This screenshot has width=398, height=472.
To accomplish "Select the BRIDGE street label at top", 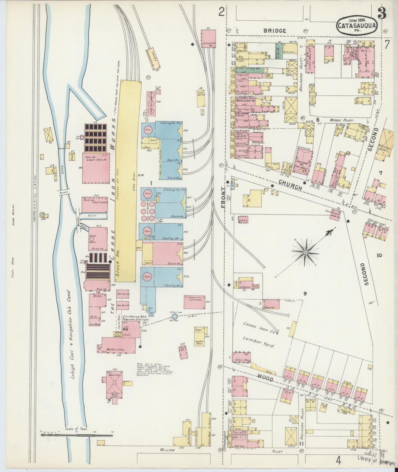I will (275, 31).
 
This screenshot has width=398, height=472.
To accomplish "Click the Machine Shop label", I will (118, 349).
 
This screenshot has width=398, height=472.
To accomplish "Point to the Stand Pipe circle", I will (174, 313).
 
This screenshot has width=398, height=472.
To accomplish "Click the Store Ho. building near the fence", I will (271, 304).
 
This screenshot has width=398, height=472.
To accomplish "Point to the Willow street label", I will (167, 450).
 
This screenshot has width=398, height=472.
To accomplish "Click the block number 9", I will (305, 294).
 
